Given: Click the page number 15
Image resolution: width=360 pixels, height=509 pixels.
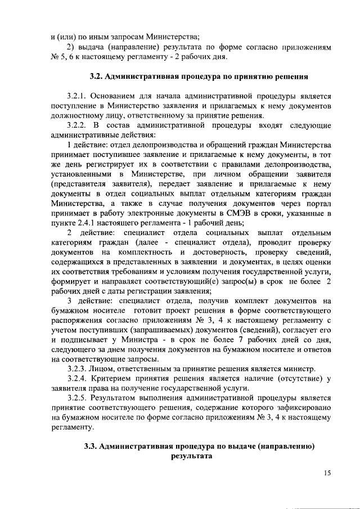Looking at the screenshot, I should point(327,474).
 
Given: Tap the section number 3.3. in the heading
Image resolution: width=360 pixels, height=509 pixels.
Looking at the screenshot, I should point(91,447).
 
